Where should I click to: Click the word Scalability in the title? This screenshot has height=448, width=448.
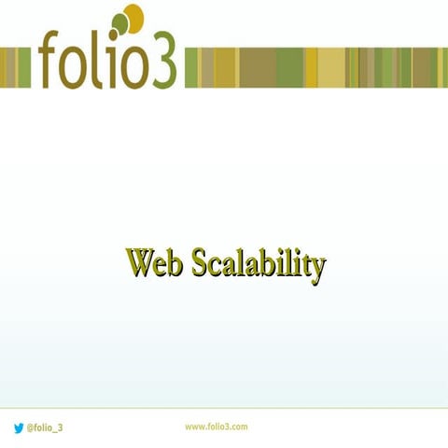click(x=259, y=264)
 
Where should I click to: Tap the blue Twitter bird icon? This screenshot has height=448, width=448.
click(x=19, y=427)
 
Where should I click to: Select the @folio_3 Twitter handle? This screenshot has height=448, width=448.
click(x=45, y=427)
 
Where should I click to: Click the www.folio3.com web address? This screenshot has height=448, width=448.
click(x=216, y=427)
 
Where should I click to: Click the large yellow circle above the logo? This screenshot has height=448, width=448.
click(x=134, y=18)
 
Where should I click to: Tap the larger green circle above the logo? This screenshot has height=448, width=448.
click(x=120, y=23)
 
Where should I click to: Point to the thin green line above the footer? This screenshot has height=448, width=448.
click(x=224, y=409)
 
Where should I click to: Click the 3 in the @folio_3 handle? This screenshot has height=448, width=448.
click(x=61, y=427)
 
